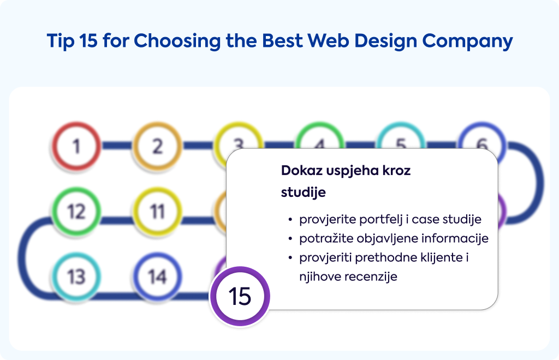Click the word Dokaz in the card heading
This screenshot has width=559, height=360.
[302, 171]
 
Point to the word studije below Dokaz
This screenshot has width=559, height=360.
[303, 193]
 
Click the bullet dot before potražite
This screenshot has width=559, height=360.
[290, 238]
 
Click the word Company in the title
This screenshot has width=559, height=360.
[467, 41]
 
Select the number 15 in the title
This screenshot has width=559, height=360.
[88, 40]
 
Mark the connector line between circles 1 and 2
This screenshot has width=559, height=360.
[117, 145]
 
